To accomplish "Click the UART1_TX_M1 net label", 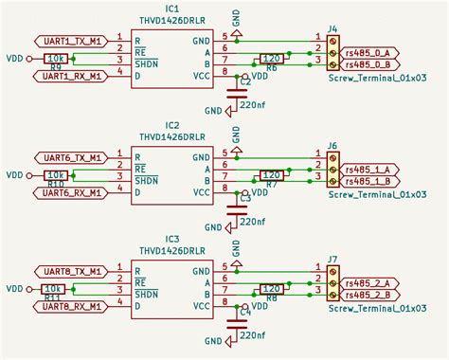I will pyautogui.click(x=68, y=42).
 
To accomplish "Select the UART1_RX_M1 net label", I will pyautogui.click(x=68, y=77).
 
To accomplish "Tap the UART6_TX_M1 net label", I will pyautogui.click(x=68, y=157).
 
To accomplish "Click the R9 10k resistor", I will pyautogui.click(x=55, y=59).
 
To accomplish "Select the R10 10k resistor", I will pyautogui.click(x=55, y=175).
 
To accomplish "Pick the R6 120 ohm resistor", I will pyautogui.click(x=270, y=59).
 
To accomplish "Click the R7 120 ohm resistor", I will pyautogui.click(x=270, y=175).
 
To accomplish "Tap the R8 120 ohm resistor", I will pyautogui.click(x=270, y=288).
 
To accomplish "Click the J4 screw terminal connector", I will pyautogui.click(x=332, y=53).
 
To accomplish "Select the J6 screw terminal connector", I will pyautogui.click(x=332, y=169).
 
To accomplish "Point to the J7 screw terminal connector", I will pyautogui.click(x=332, y=282).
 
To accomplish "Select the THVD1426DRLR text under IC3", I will pyautogui.click(x=171, y=251).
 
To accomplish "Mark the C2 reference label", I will pyautogui.click(x=245, y=83).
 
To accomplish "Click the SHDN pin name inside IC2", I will pyautogui.click(x=146, y=175).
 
